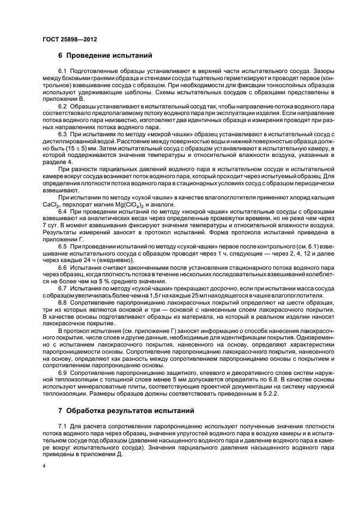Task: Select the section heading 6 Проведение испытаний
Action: tap(101, 55)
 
